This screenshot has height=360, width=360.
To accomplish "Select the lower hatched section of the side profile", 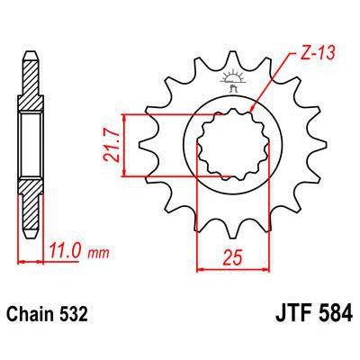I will point(31,202).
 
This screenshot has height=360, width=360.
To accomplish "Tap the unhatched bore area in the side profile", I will point(31,145).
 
